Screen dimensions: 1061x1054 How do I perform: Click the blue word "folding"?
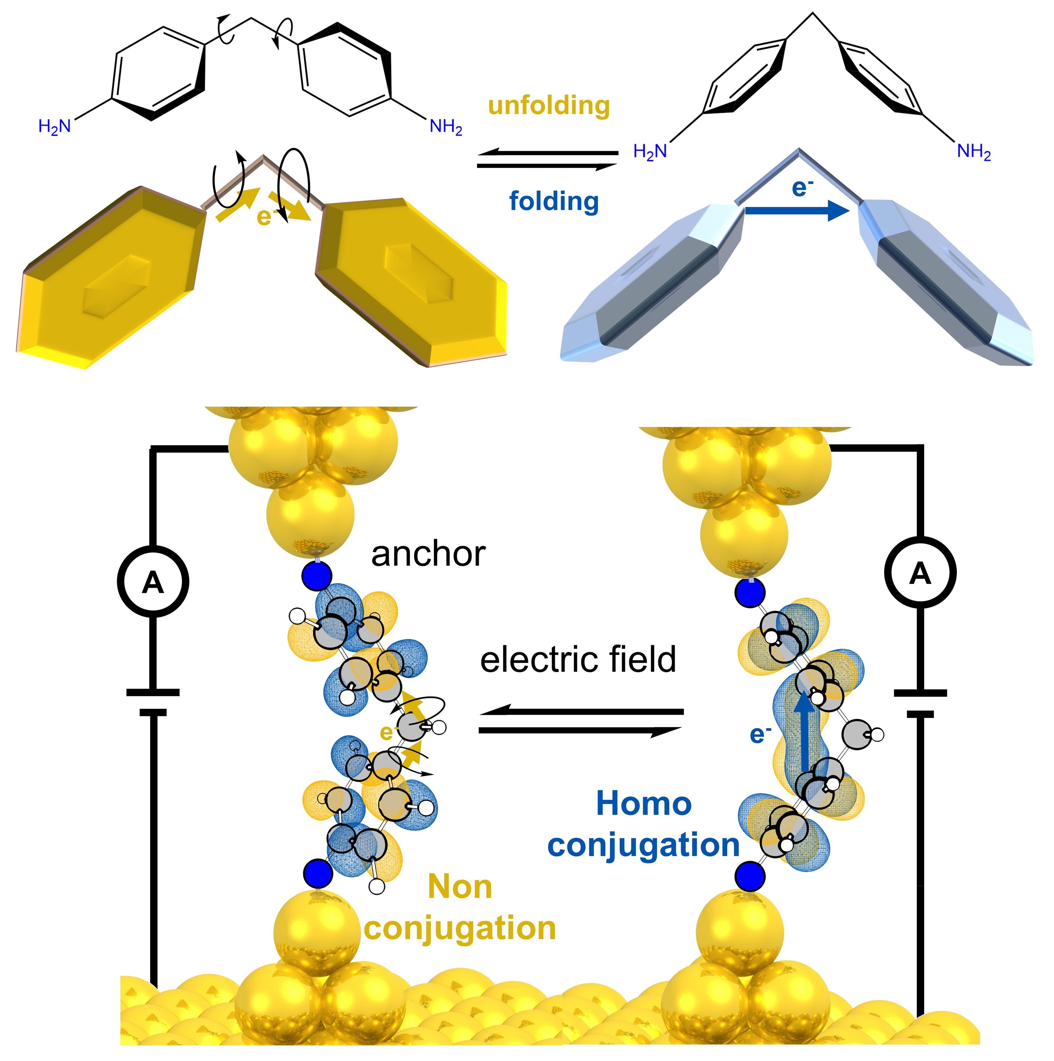pos(553,202)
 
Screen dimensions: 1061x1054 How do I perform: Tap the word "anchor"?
pos(428,555)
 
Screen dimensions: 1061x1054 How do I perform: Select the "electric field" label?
pos(578,660)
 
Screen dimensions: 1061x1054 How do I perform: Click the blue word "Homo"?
pos(643,804)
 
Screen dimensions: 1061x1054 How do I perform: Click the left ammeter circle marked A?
pos(153,582)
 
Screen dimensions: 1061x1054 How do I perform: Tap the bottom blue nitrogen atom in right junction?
pos(750,876)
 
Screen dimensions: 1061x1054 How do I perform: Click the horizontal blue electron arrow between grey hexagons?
pos(796,210)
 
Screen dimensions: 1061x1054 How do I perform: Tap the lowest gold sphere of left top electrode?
pos(310,514)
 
